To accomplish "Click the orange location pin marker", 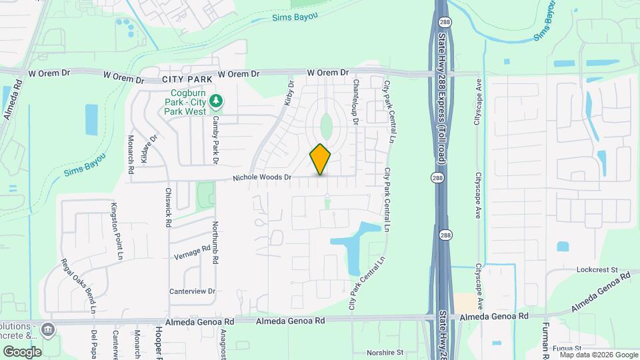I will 321,159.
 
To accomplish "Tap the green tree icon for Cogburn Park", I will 215,101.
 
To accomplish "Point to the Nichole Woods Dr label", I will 263,177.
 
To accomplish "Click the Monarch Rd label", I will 131,158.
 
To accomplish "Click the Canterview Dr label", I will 193,291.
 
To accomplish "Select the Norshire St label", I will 385,352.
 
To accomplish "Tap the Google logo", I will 22,351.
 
